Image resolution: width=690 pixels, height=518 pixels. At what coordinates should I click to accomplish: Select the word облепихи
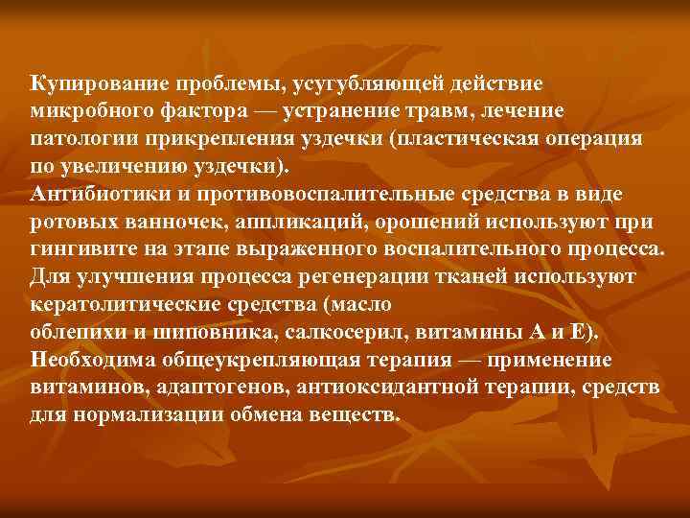pyautogui.click(x=78, y=333)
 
